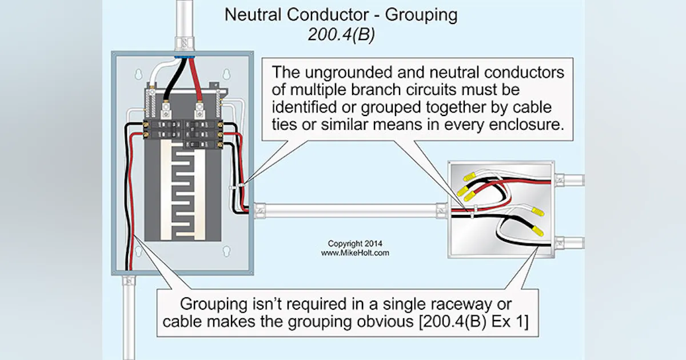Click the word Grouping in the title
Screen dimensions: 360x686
421,15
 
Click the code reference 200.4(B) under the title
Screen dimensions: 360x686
342,34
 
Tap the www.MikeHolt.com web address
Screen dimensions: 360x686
354,252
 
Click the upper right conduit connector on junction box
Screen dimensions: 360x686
559,181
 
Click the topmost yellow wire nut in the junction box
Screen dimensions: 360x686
469,178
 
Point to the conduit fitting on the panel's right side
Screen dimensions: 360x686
258,210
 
